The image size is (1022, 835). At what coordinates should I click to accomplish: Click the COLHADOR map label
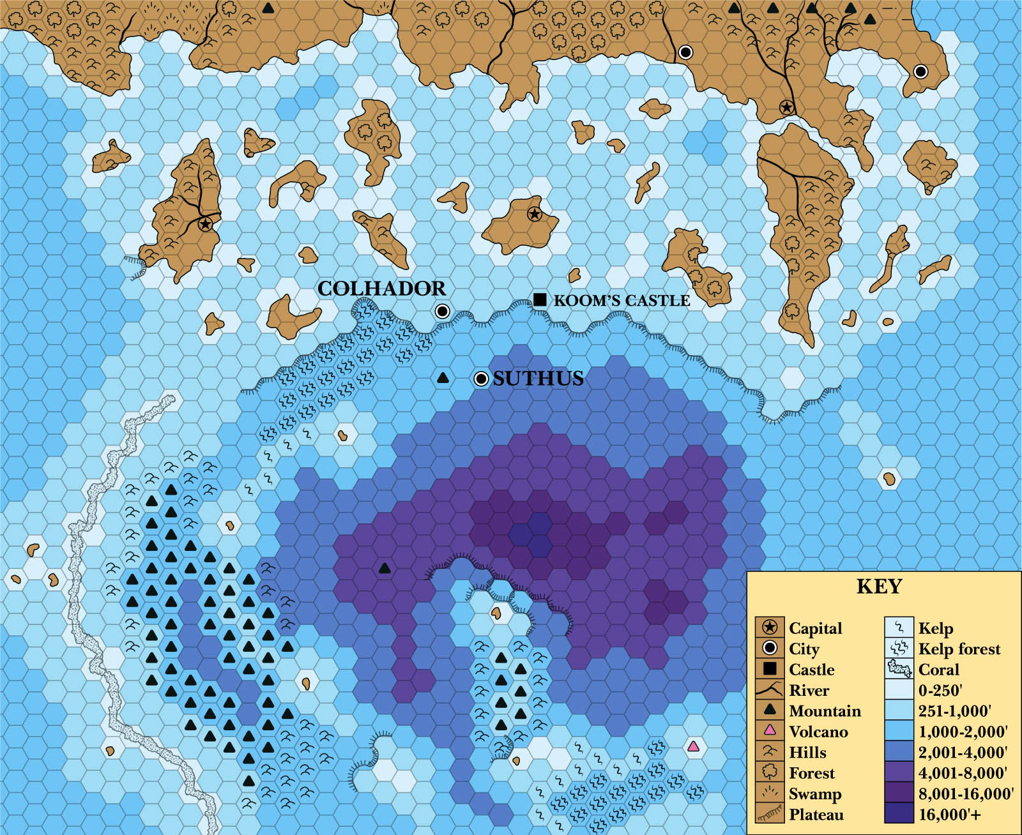[x=381, y=289]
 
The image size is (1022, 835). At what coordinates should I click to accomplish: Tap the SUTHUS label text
[x=538, y=379]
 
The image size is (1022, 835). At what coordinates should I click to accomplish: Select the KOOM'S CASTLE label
[x=622, y=301]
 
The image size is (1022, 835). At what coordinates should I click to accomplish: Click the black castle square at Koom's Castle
[x=540, y=299]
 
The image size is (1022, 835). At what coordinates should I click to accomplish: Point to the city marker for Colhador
[x=442, y=312]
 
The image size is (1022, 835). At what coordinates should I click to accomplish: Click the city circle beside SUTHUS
[x=481, y=379]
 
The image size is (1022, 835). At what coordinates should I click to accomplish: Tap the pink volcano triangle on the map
[x=694, y=746]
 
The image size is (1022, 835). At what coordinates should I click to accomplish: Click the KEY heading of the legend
[x=879, y=586]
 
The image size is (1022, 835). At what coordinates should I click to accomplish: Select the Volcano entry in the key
[x=818, y=732]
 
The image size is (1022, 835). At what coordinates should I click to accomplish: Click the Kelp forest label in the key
[x=959, y=649]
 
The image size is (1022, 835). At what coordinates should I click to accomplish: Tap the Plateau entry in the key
[x=816, y=815]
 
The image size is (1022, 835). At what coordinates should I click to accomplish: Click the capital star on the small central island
[x=535, y=214]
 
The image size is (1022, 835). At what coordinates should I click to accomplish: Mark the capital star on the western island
[x=205, y=224]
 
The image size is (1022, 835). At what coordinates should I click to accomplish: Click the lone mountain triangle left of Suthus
[x=442, y=378]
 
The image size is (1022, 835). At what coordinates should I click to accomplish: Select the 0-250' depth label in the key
[x=940, y=690]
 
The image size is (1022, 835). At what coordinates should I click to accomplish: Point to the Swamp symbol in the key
[x=770, y=794]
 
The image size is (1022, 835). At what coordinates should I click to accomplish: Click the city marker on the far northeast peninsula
[x=920, y=71]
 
